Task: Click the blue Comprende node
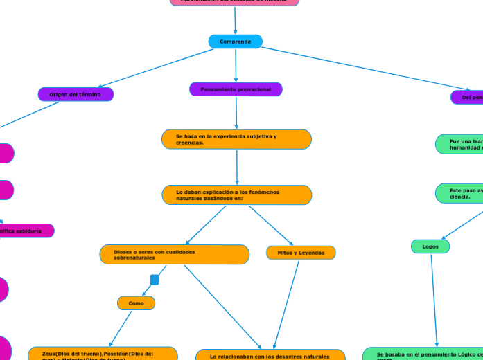click(x=235, y=42)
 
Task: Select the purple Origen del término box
click(x=76, y=94)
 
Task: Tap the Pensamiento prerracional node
click(x=236, y=89)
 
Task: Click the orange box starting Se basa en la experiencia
click(x=236, y=139)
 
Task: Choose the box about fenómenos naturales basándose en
click(x=237, y=195)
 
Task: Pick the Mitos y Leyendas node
click(x=301, y=253)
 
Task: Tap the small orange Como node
click(x=136, y=303)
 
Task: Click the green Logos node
click(x=430, y=246)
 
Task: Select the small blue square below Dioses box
click(x=155, y=280)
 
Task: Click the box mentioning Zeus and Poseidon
click(x=103, y=354)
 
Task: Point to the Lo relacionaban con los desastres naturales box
click(x=270, y=355)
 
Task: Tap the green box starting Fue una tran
click(x=459, y=144)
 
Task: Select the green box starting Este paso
click(x=459, y=192)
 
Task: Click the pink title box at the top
click(x=234, y=2)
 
